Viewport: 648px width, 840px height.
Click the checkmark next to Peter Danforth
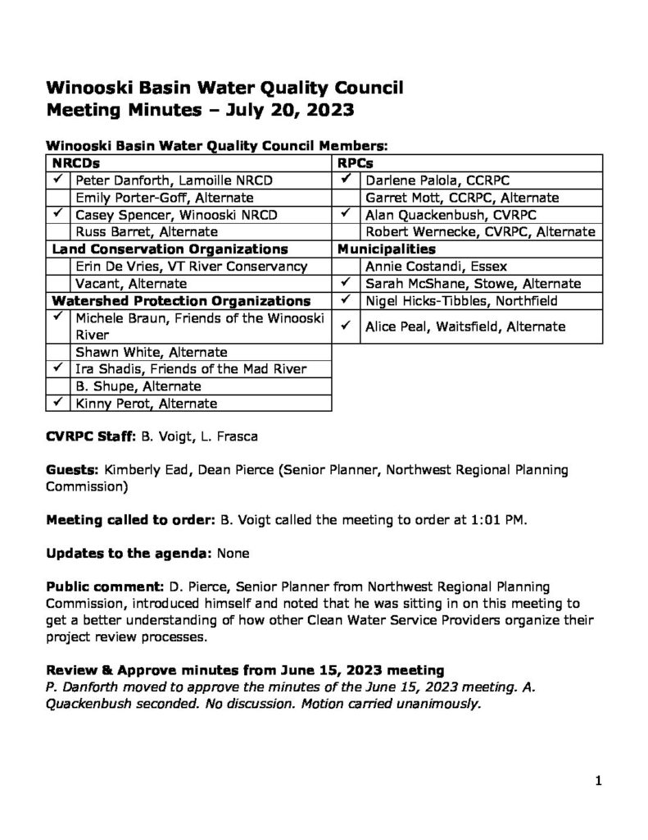pyautogui.click(x=58, y=178)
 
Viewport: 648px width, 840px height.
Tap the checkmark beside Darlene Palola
pyautogui.click(x=347, y=178)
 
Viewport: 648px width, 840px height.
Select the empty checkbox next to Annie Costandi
pyautogui.click(x=347, y=267)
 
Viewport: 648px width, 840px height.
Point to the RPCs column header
pyautogui.click(x=353, y=163)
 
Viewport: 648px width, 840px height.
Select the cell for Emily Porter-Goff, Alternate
pyautogui.click(x=164, y=198)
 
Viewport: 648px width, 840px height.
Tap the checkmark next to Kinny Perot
pyautogui.click(x=58, y=402)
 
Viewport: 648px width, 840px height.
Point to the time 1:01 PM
pyautogui.click(x=491, y=519)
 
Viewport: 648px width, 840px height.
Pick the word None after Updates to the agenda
pyautogui.click(x=233, y=554)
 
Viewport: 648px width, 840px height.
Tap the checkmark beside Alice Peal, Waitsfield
pyautogui.click(x=347, y=326)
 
